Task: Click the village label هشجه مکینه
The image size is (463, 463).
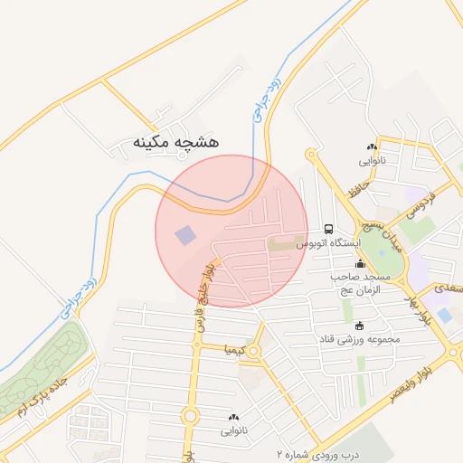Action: [x=176, y=142]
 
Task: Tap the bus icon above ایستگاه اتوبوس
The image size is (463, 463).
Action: [x=328, y=230]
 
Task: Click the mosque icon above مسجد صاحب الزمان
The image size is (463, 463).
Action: [x=360, y=264]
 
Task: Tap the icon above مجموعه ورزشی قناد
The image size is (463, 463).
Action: [x=360, y=326]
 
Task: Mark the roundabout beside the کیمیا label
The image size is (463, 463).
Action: [x=256, y=350]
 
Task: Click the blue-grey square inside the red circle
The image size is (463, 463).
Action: [x=185, y=236]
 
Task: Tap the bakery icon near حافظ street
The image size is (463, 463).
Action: [x=372, y=146]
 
